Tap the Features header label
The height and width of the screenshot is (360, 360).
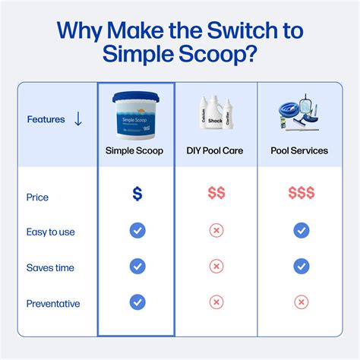point(46,119)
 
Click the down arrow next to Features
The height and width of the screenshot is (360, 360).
point(78,119)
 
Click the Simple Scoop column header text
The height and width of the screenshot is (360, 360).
point(136,150)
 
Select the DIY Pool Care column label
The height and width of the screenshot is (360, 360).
point(216,150)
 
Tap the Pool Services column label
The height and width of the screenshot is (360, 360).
point(299,150)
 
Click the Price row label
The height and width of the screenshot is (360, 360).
point(37,197)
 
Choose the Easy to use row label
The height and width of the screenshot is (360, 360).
point(50,232)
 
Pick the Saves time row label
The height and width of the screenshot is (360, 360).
point(50,267)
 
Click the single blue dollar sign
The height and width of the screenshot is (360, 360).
point(137,194)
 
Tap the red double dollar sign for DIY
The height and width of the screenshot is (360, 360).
point(216,194)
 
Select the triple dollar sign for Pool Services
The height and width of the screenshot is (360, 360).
point(302,194)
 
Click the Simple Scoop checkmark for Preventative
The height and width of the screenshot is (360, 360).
point(137,302)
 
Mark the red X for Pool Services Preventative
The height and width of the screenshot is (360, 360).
point(302,302)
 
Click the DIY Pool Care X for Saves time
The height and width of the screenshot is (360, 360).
point(216,267)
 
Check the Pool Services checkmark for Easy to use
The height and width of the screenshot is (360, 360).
point(302,230)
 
